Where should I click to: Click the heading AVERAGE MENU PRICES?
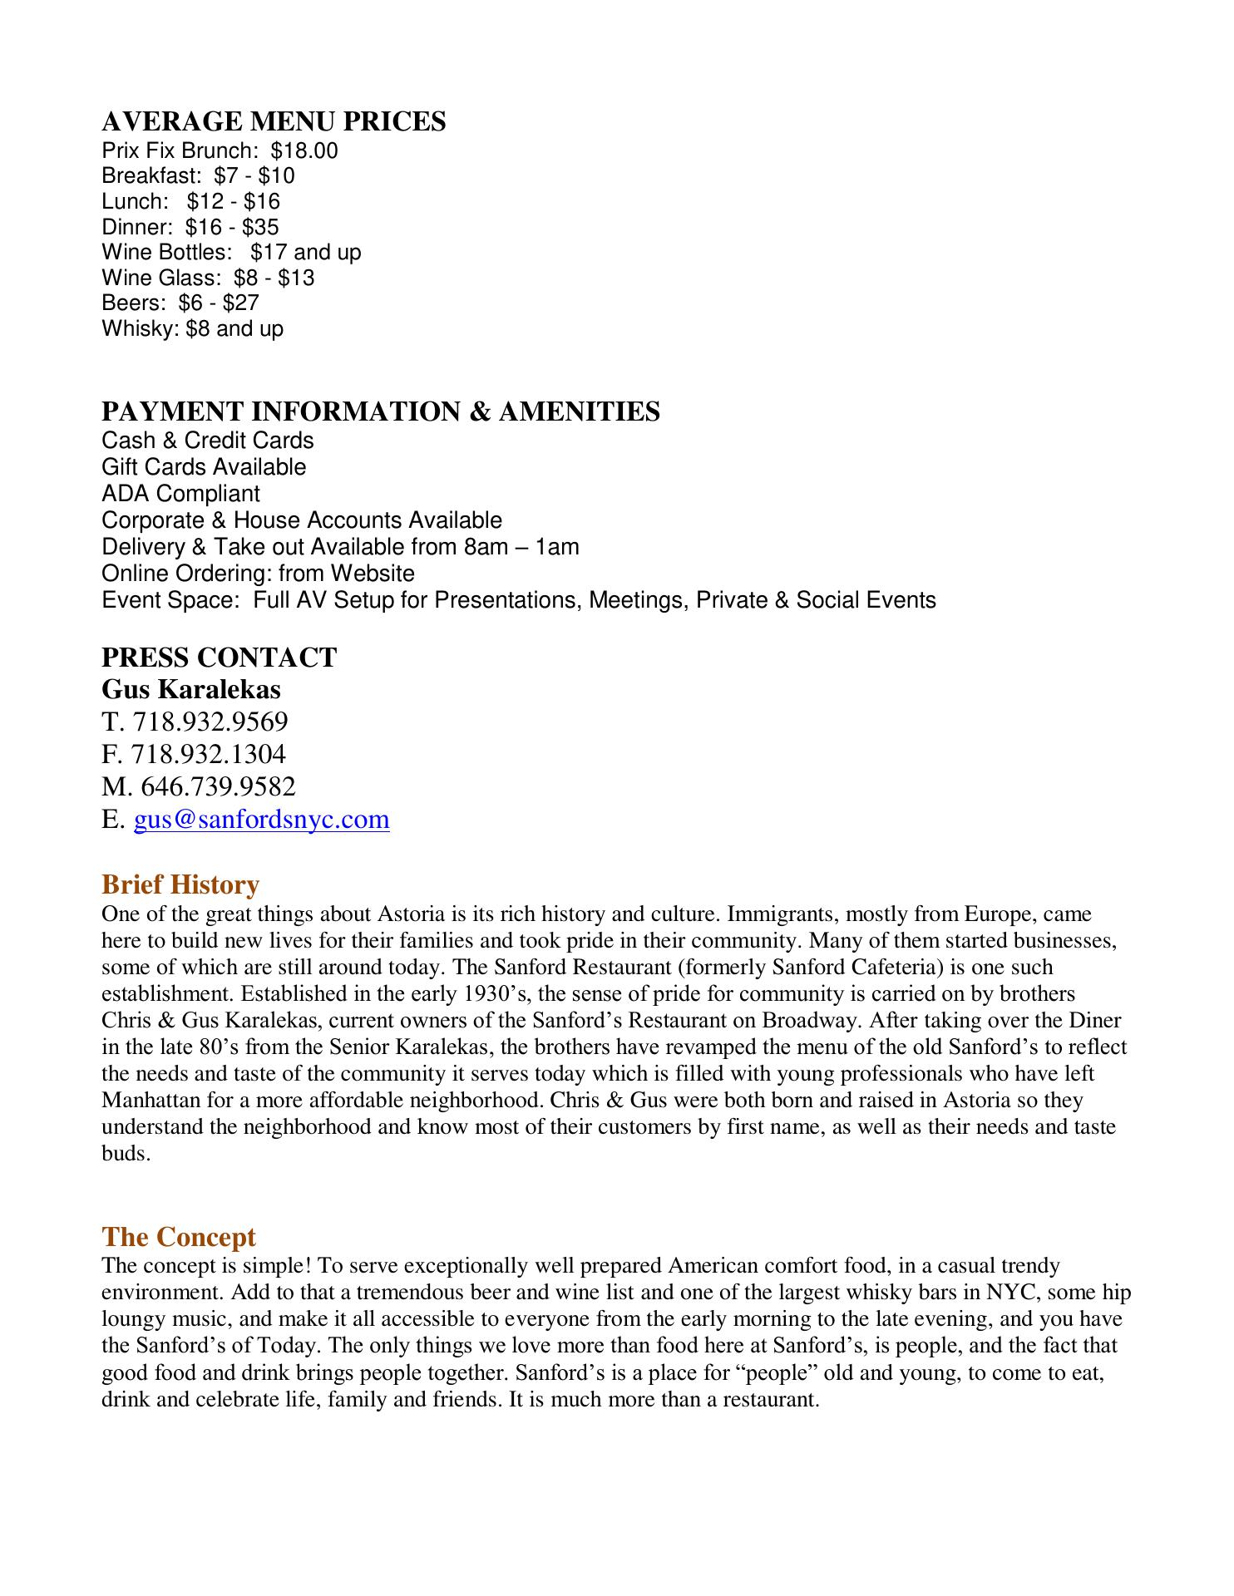(x=274, y=121)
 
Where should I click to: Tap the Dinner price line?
(x=190, y=227)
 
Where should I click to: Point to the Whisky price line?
(x=192, y=328)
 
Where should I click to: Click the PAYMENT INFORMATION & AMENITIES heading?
(x=381, y=411)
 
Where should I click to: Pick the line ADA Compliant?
(x=180, y=494)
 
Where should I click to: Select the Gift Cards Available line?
(x=204, y=467)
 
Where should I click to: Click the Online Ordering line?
(x=258, y=574)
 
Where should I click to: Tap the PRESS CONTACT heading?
(x=219, y=657)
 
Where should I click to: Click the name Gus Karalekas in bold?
(x=191, y=689)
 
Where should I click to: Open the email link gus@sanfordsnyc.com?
(x=261, y=820)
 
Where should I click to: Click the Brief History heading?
(x=180, y=884)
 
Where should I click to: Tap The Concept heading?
(x=179, y=1237)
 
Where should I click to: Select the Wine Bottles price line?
(x=231, y=252)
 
